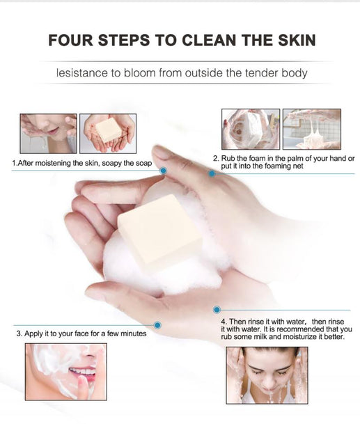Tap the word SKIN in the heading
click(297, 40)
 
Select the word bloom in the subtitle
click(139, 73)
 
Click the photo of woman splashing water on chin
click(49, 134)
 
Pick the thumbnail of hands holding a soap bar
click(108, 134)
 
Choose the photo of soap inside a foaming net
click(251, 129)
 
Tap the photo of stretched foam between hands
click(312, 129)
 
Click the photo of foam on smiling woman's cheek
click(66, 372)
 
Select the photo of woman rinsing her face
click(267, 375)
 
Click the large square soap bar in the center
click(159, 228)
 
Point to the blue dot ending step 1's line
click(164, 171)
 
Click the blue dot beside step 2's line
click(212, 173)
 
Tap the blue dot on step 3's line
click(157, 325)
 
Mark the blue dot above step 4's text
click(217, 310)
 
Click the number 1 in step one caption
click(14, 164)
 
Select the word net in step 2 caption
click(298, 166)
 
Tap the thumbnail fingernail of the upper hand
click(161, 152)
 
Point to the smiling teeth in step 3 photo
click(84, 371)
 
